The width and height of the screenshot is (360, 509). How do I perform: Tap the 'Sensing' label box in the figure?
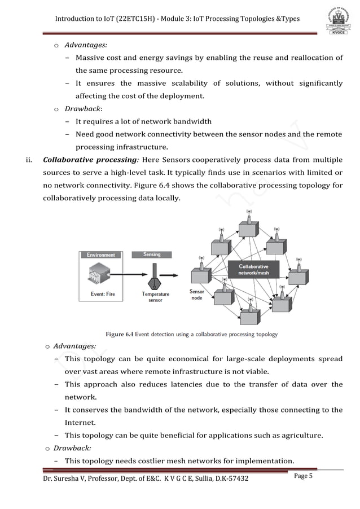coord(152,254)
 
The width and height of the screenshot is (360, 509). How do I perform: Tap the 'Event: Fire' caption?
coord(104,293)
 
